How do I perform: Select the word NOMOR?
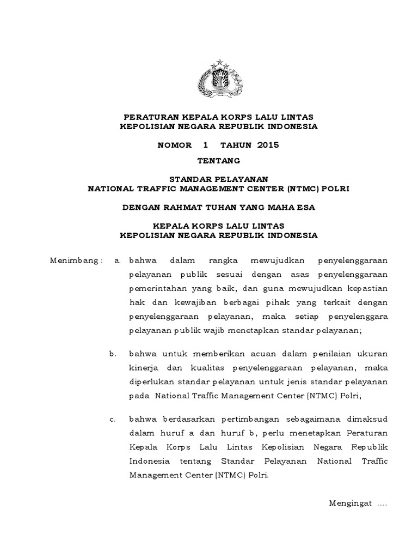[x=175, y=145]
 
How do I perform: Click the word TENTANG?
[x=218, y=160]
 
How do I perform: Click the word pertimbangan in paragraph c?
[x=232, y=419]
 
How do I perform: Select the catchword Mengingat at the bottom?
[x=349, y=503]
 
